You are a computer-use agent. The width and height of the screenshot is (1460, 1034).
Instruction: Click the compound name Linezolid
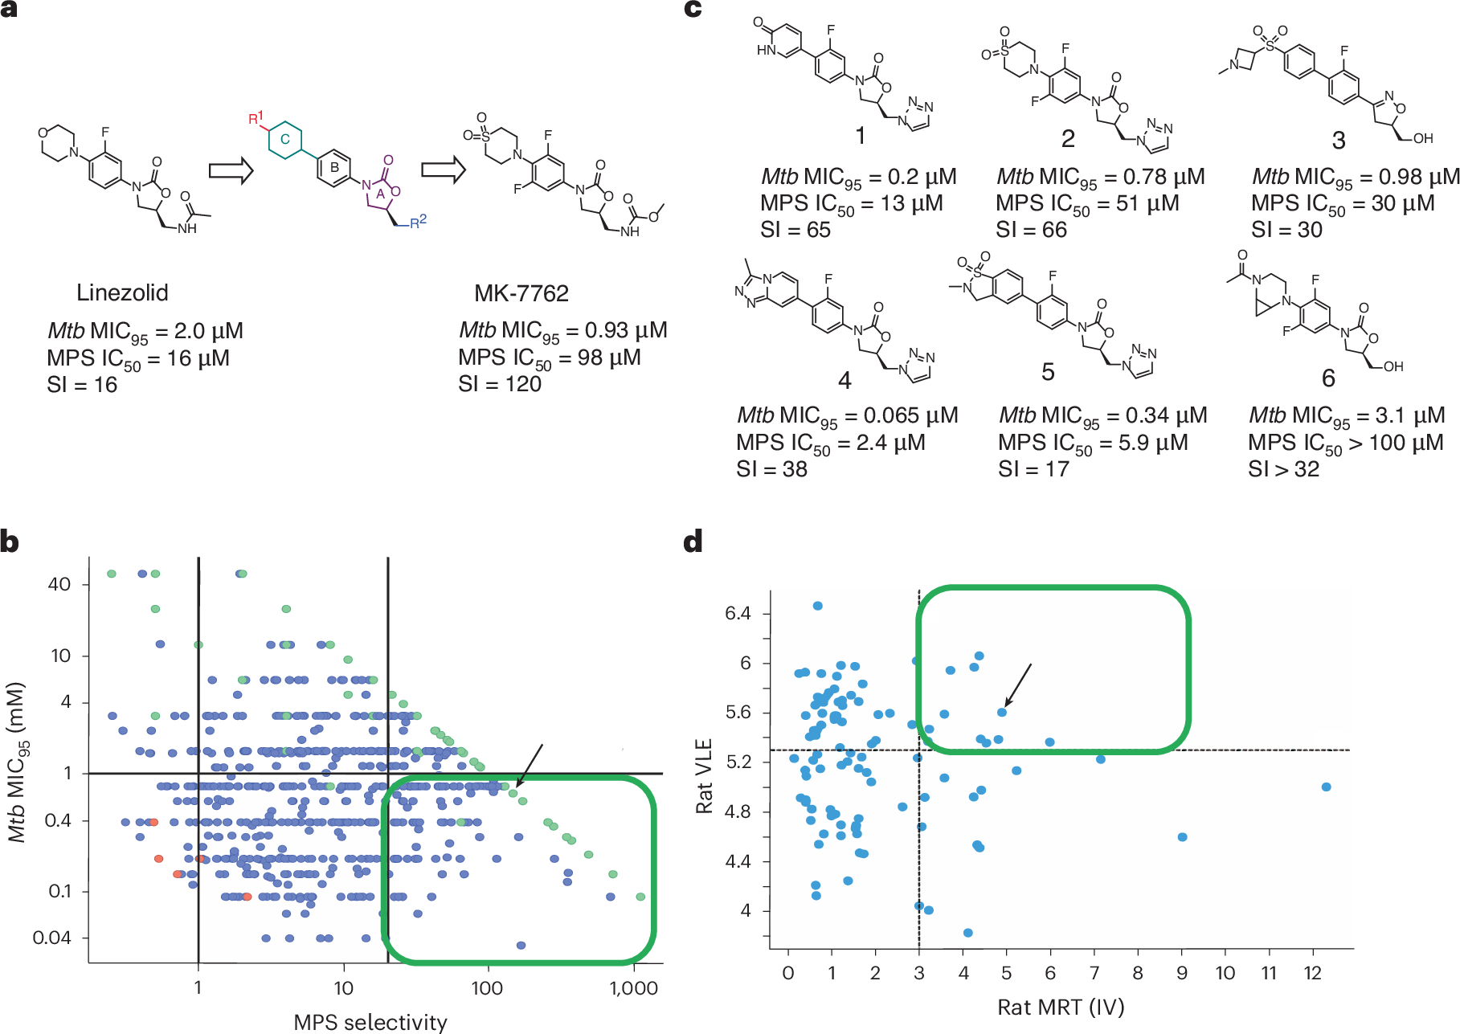122,292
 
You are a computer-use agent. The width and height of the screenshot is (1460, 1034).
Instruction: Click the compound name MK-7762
521,293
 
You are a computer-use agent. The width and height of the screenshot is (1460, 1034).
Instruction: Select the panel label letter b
10,542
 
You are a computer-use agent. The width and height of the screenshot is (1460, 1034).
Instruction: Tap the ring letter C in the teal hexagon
284,139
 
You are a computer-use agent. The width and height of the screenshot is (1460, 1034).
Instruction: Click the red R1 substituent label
256,119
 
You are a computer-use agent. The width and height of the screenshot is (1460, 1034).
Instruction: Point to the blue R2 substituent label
418,222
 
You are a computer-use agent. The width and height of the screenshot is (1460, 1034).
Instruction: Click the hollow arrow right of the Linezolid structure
231,170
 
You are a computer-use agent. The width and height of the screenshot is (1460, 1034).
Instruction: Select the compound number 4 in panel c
845,380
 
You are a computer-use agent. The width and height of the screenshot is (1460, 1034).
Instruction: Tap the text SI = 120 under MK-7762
500,384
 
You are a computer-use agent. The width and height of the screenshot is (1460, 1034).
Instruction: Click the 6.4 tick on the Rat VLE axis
738,613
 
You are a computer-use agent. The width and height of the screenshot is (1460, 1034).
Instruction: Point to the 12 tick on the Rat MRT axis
1312,973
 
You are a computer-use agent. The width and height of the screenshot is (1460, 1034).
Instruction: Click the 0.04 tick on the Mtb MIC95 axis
51,938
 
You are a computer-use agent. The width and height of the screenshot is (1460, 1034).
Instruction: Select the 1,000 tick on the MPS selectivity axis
634,988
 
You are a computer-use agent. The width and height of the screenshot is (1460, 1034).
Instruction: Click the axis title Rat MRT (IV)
1061,1007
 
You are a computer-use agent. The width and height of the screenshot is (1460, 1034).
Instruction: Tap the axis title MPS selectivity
370,1022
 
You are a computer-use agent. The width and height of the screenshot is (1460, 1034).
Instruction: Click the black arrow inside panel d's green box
1018,685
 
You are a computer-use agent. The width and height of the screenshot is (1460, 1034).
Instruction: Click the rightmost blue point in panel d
1326,787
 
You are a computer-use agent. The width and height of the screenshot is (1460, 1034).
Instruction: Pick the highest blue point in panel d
817,606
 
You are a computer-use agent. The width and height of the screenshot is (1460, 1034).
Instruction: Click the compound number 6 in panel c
1328,378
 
